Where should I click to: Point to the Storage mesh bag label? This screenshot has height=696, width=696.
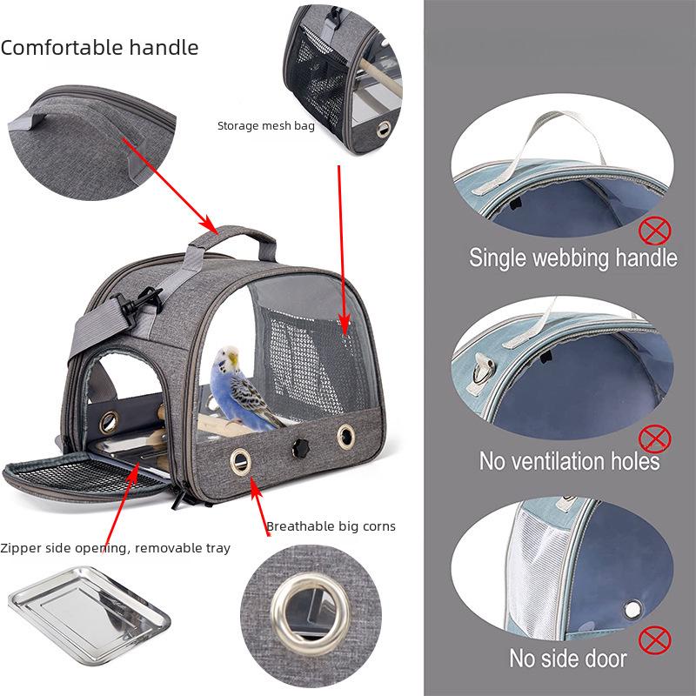point(265,126)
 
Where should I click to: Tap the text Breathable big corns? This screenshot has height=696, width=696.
point(331,525)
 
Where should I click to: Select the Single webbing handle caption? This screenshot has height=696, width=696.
point(572,258)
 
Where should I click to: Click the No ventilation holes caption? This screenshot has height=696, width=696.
point(570,459)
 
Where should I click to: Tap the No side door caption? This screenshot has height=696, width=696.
point(568,658)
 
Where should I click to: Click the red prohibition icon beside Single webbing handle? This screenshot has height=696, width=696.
point(655,231)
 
